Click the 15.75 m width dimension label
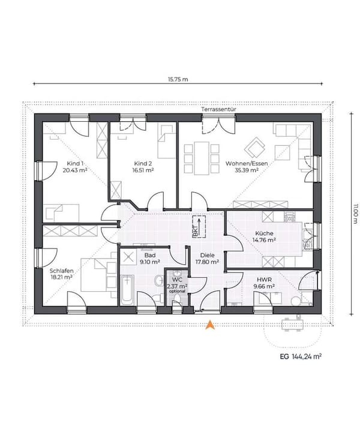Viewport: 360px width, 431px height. coord(178,79)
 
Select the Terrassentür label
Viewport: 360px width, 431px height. coord(218,109)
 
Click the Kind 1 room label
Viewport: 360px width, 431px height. coord(75,163)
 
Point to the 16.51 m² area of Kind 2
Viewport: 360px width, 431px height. coord(143,170)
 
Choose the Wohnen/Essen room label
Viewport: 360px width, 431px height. coord(247,163)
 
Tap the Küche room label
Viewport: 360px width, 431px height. coord(264,234)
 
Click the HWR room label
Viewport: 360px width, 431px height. coord(264,280)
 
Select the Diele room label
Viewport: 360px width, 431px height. coord(207,255)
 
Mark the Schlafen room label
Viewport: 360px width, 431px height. coord(62,271)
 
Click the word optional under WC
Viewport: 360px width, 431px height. coord(177,291)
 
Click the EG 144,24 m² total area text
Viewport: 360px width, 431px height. coord(301,357)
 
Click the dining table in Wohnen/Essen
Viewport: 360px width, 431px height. coord(202,158)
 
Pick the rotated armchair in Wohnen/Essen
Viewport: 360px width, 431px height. coord(254,148)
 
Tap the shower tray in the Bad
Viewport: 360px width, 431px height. coord(128,257)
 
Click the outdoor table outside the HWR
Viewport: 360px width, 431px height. coord(292,325)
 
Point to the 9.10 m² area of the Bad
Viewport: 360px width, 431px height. coord(150,262)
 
